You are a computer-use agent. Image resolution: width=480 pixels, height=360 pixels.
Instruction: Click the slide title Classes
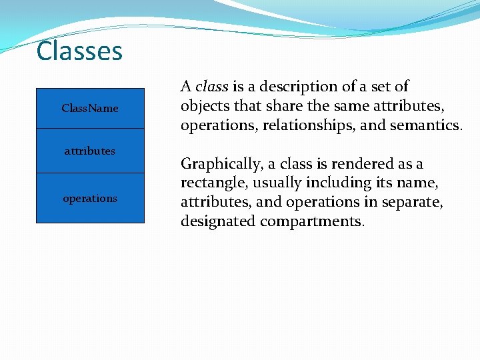coord(79,51)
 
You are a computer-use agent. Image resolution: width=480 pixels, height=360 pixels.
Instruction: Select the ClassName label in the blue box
coord(90,108)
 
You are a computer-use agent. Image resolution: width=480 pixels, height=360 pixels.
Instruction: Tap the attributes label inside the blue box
coord(90,151)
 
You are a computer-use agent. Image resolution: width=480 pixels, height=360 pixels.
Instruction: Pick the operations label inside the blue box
coord(90,198)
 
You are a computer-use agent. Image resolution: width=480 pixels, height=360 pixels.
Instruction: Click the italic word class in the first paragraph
coord(212,87)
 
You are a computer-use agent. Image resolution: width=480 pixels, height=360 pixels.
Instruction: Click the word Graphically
coord(221,164)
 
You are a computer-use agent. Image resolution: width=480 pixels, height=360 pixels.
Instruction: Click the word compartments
coord(312,221)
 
